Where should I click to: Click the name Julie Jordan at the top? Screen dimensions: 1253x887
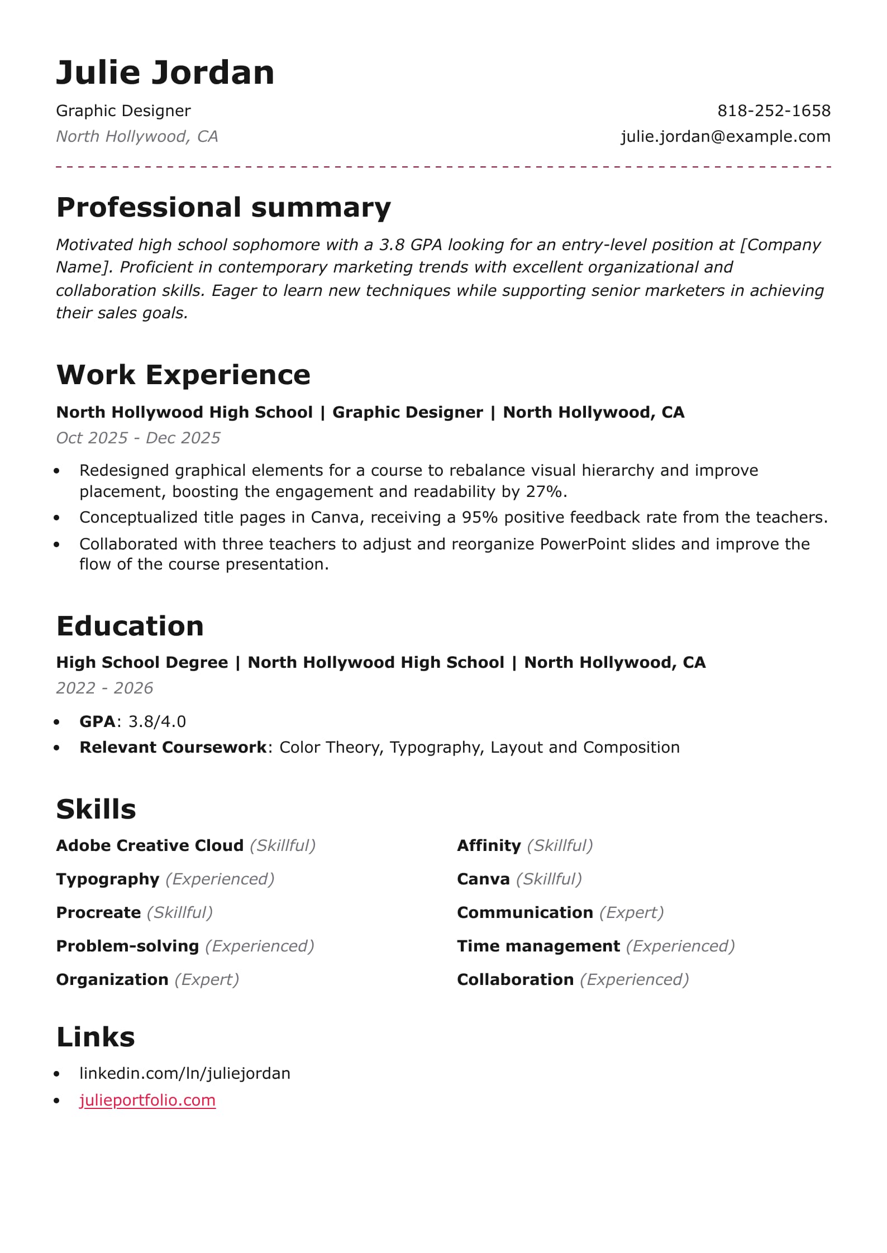click(x=165, y=73)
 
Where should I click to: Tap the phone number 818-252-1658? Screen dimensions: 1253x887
click(x=774, y=111)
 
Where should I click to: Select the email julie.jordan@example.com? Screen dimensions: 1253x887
click(x=725, y=136)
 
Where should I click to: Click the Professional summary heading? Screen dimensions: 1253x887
click(x=223, y=207)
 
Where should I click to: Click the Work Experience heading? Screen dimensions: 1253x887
click(x=183, y=375)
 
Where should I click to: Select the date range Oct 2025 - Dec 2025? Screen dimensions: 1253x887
click(x=138, y=438)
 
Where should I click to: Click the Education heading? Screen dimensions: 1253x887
click(x=130, y=626)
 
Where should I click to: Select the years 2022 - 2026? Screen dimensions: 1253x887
click(x=104, y=688)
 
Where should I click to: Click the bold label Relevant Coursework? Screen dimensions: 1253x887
click(x=173, y=747)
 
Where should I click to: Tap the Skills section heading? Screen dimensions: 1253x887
click(x=96, y=809)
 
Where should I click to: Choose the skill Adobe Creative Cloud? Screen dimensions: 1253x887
click(x=150, y=845)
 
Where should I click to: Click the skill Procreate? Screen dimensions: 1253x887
click(x=98, y=912)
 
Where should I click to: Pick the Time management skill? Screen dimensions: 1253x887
click(x=538, y=946)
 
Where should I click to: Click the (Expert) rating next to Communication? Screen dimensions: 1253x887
click(x=631, y=912)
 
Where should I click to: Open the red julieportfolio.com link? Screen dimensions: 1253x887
click(x=147, y=1100)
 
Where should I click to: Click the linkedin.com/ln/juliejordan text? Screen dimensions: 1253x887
click(x=184, y=1073)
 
